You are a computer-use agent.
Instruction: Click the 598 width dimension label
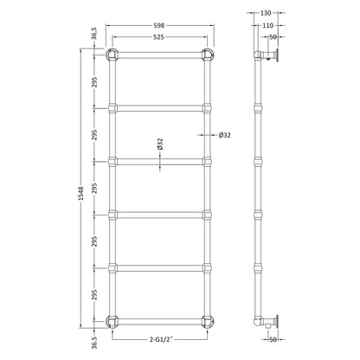(159, 26)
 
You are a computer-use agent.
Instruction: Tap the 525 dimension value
(159, 37)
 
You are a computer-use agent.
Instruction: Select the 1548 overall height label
(81, 194)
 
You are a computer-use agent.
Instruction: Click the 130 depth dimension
(266, 13)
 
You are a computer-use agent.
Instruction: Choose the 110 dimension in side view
(268, 26)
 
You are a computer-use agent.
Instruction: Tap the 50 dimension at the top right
(273, 37)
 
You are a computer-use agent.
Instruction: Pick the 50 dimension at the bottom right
(273, 340)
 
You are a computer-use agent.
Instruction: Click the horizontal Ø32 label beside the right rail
(225, 135)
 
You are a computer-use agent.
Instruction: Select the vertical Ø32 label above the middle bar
(160, 144)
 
